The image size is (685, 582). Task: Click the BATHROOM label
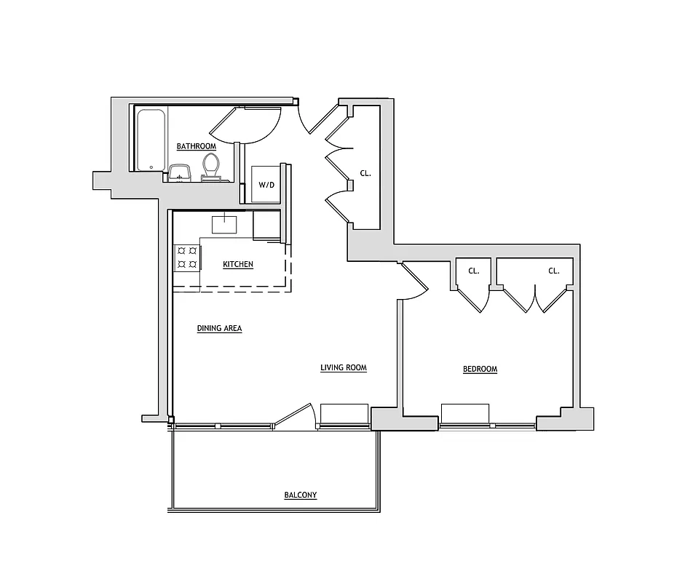pyautogui.click(x=196, y=146)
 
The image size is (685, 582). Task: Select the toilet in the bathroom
pyautogui.click(x=210, y=165)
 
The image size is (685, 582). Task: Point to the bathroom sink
pyautogui.click(x=179, y=172)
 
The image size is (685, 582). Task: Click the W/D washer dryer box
pyautogui.click(x=267, y=184)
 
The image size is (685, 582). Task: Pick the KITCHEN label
pyautogui.click(x=238, y=264)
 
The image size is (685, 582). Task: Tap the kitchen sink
pyautogui.click(x=225, y=223)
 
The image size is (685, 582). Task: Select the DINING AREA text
pyautogui.click(x=219, y=329)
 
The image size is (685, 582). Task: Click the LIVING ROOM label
pyautogui.click(x=343, y=368)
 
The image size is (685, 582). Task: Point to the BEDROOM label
pyautogui.click(x=480, y=369)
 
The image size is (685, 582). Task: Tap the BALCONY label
pyautogui.click(x=300, y=495)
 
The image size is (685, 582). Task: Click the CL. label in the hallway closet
pyautogui.click(x=365, y=174)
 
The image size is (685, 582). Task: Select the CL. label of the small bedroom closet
pyautogui.click(x=473, y=271)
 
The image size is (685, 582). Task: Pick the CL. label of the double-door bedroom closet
pyautogui.click(x=553, y=271)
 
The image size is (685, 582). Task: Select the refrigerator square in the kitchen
pyautogui.click(x=266, y=226)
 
